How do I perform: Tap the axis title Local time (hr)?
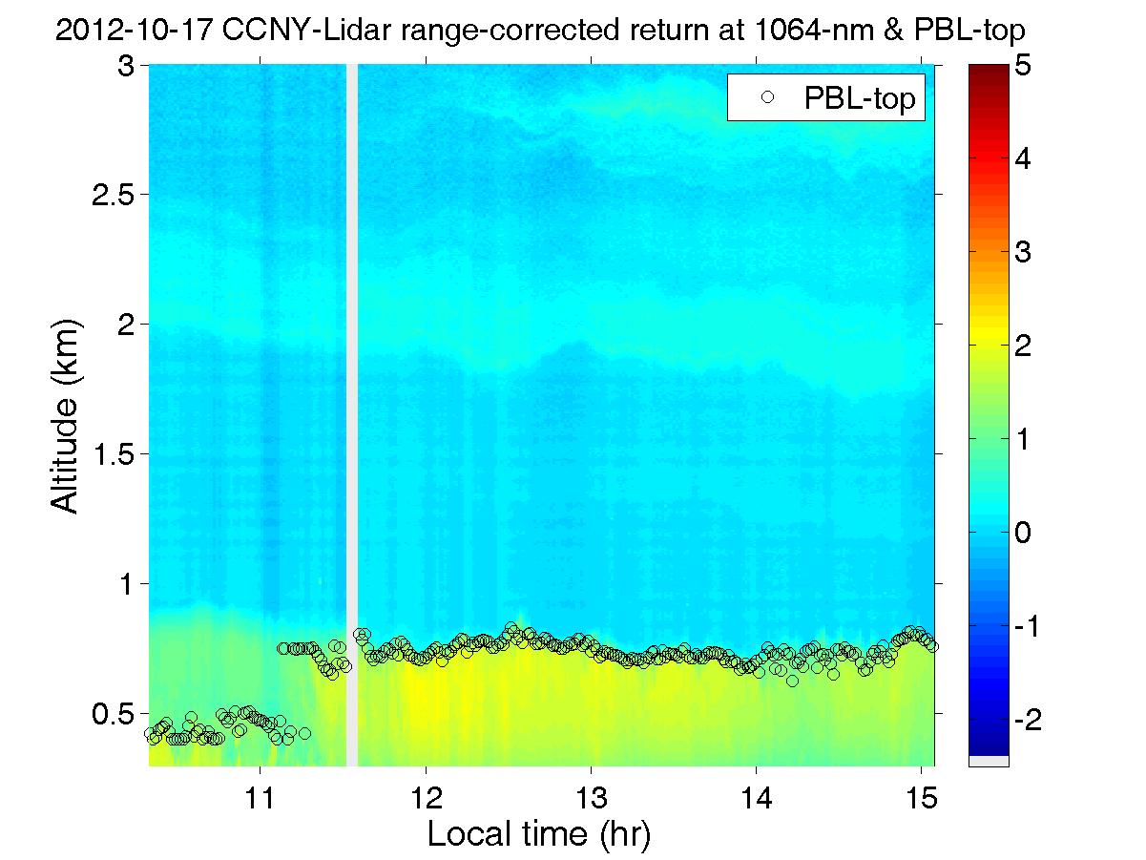coord(539,834)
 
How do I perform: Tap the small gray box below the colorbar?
coord(989,761)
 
